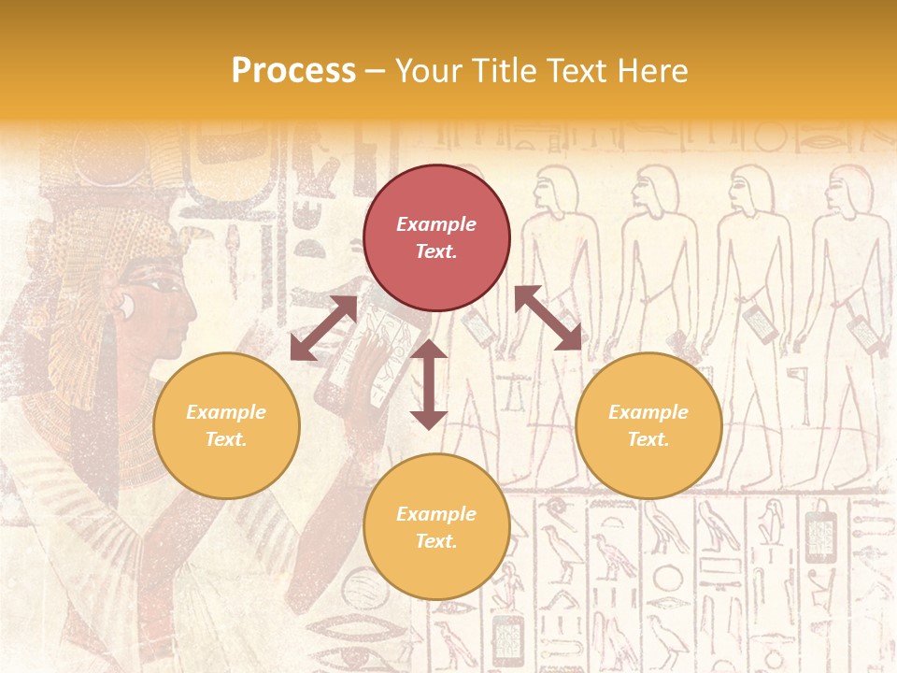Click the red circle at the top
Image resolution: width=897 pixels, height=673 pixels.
(436, 238)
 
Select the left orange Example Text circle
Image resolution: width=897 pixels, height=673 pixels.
(226, 425)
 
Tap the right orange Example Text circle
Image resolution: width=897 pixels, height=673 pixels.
(648, 425)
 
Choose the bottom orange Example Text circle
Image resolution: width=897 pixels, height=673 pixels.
(436, 526)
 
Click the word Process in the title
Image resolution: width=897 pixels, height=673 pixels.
(293, 71)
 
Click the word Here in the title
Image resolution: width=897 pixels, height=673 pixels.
(653, 71)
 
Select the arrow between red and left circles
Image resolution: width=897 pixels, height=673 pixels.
(323, 328)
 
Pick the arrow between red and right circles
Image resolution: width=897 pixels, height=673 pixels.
(548, 318)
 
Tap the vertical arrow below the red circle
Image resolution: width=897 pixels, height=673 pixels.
(429, 384)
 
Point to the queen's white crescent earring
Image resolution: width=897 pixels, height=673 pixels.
(124, 304)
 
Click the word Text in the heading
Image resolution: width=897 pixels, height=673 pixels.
(574, 71)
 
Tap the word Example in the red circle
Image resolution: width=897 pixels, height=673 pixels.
(436, 224)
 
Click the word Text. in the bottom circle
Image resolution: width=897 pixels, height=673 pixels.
(436, 541)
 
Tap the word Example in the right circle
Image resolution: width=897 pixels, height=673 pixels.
(648, 412)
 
